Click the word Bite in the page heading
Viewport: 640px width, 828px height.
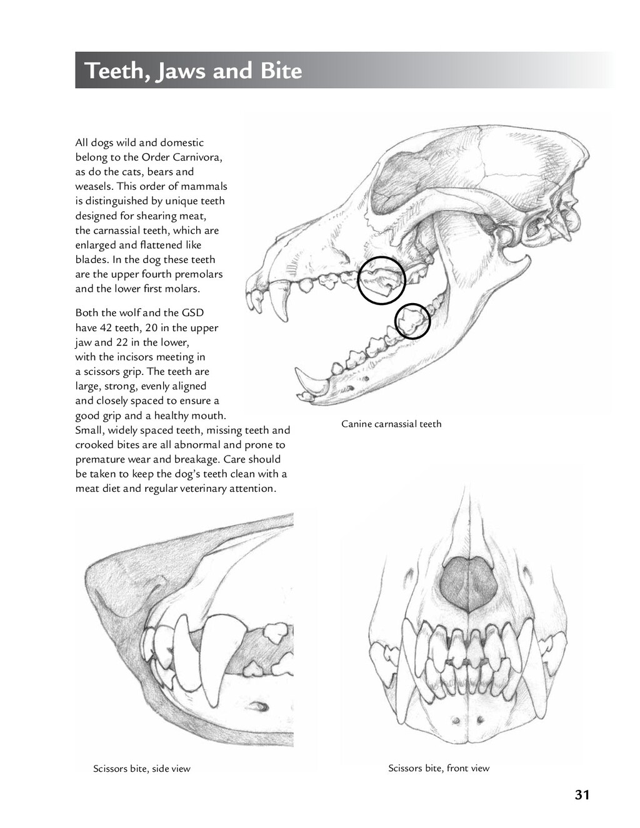[x=281, y=71]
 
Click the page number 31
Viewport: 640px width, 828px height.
[x=582, y=795]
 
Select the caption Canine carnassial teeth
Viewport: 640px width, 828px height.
[x=391, y=424]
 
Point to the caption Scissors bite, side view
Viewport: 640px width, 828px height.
[x=142, y=769]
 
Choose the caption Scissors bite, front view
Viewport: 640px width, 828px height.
[x=439, y=768]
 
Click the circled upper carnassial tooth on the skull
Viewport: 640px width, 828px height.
[x=382, y=280]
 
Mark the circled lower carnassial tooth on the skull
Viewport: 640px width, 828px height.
[x=412, y=321]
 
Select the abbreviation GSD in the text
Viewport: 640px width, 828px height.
[x=192, y=312]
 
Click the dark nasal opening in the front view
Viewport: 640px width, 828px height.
[x=468, y=583]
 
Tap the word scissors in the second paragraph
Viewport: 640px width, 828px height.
[x=101, y=371]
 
